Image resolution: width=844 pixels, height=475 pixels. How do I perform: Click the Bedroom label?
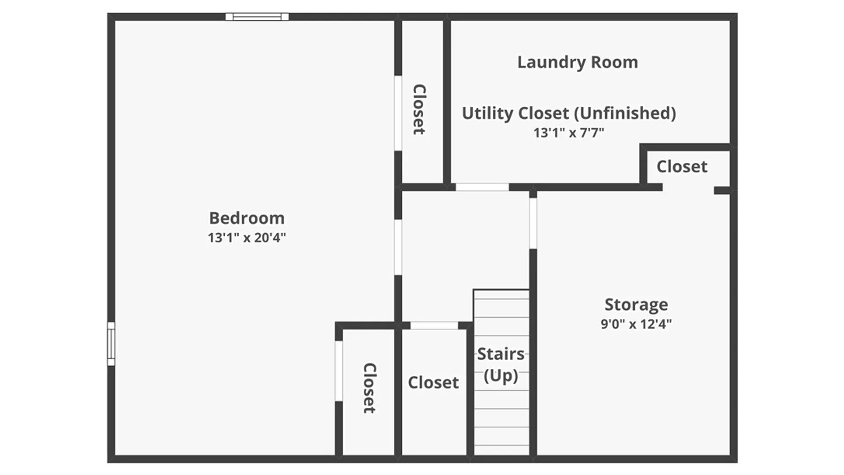[247, 218]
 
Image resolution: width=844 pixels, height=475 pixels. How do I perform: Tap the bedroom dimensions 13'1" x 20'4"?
[247, 237]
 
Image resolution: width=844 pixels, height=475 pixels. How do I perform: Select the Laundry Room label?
[577, 62]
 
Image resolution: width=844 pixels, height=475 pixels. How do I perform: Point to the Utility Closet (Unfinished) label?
[569, 113]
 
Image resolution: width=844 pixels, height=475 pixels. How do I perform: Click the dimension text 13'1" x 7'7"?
[569, 132]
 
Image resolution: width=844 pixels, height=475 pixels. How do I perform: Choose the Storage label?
[636, 304]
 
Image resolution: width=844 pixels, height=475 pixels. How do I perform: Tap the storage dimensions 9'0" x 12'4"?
[636, 324]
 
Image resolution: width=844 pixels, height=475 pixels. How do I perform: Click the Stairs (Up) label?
[501, 364]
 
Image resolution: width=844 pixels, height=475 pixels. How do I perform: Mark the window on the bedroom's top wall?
[257, 17]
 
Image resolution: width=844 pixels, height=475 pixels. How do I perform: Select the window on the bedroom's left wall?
[111, 343]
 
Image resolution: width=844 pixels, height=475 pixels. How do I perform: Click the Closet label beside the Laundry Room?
[419, 109]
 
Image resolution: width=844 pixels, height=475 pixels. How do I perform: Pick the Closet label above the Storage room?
[682, 167]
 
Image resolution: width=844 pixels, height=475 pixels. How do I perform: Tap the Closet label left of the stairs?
[433, 383]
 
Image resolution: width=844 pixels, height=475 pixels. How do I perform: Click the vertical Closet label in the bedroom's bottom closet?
[370, 388]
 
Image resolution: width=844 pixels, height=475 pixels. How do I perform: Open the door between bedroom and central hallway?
[398, 248]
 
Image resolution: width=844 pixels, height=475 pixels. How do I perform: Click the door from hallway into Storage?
[533, 223]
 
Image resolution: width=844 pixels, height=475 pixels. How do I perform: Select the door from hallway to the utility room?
[482, 187]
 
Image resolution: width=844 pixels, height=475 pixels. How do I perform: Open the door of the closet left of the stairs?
[434, 325]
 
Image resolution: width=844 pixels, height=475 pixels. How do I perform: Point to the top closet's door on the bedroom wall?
[398, 113]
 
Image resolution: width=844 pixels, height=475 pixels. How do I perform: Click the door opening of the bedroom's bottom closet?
[338, 371]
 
